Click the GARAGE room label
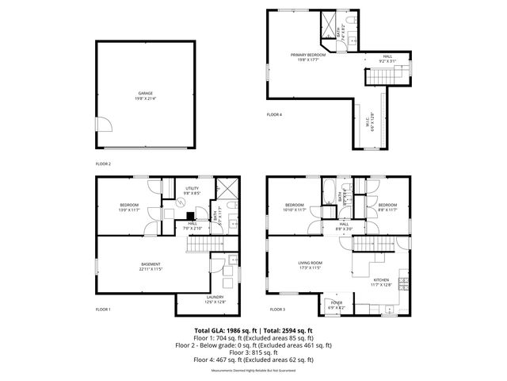(x=145, y=94)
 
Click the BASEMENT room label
(x=151, y=265)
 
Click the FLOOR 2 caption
(x=104, y=164)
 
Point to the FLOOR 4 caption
(x=274, y=115)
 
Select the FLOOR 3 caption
(x=277, y=309)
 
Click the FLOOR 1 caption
(x=104, y=309)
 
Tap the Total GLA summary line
(x=253, y=329)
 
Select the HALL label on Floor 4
(x=387, y=56)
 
